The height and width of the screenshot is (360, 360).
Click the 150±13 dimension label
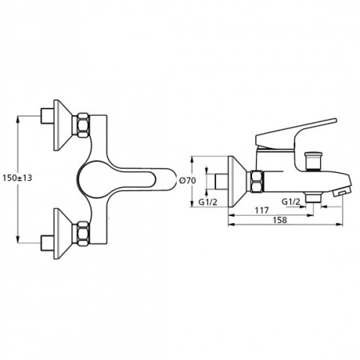click(x=18, y=178)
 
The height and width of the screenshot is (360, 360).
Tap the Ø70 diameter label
click(x=187, y=181)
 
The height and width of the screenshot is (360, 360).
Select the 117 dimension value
click(x=262, y=210)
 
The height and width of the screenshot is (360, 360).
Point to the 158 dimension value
click(x=280, y=220)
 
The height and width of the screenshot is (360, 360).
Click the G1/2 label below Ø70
click(x=208, y=202)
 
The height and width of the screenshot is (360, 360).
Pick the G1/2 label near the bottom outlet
click(x=291, y=202)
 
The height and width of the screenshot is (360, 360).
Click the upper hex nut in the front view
click(x=83, y=125)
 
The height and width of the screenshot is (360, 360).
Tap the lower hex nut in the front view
click(x=83, y=234)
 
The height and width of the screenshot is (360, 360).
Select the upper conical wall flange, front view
click(x=63, y=125)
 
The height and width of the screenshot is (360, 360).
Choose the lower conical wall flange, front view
click(x=63, y=234)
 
